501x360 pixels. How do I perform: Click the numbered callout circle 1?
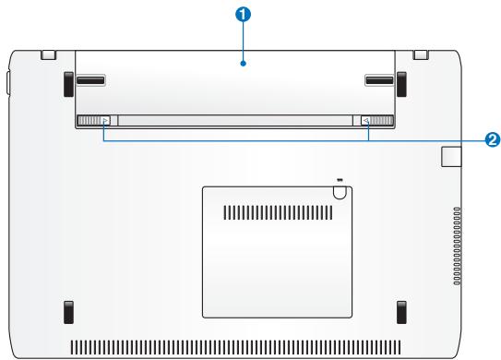(x=244, y=15)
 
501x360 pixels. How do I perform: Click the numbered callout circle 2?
(x=493, y=139)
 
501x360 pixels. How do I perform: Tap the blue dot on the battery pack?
(x=244, y=64)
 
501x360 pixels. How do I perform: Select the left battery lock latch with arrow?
(x=93, y=121)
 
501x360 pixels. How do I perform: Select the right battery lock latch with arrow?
(x=377, y=121)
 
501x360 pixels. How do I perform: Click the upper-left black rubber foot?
(x=68, y=84)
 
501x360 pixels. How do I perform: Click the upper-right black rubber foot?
(x=401, y=84)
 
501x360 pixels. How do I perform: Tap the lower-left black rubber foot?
(x=68, y=312)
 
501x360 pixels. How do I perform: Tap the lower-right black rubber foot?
(x=401, y=312)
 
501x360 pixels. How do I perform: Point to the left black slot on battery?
(x=90, y=80)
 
